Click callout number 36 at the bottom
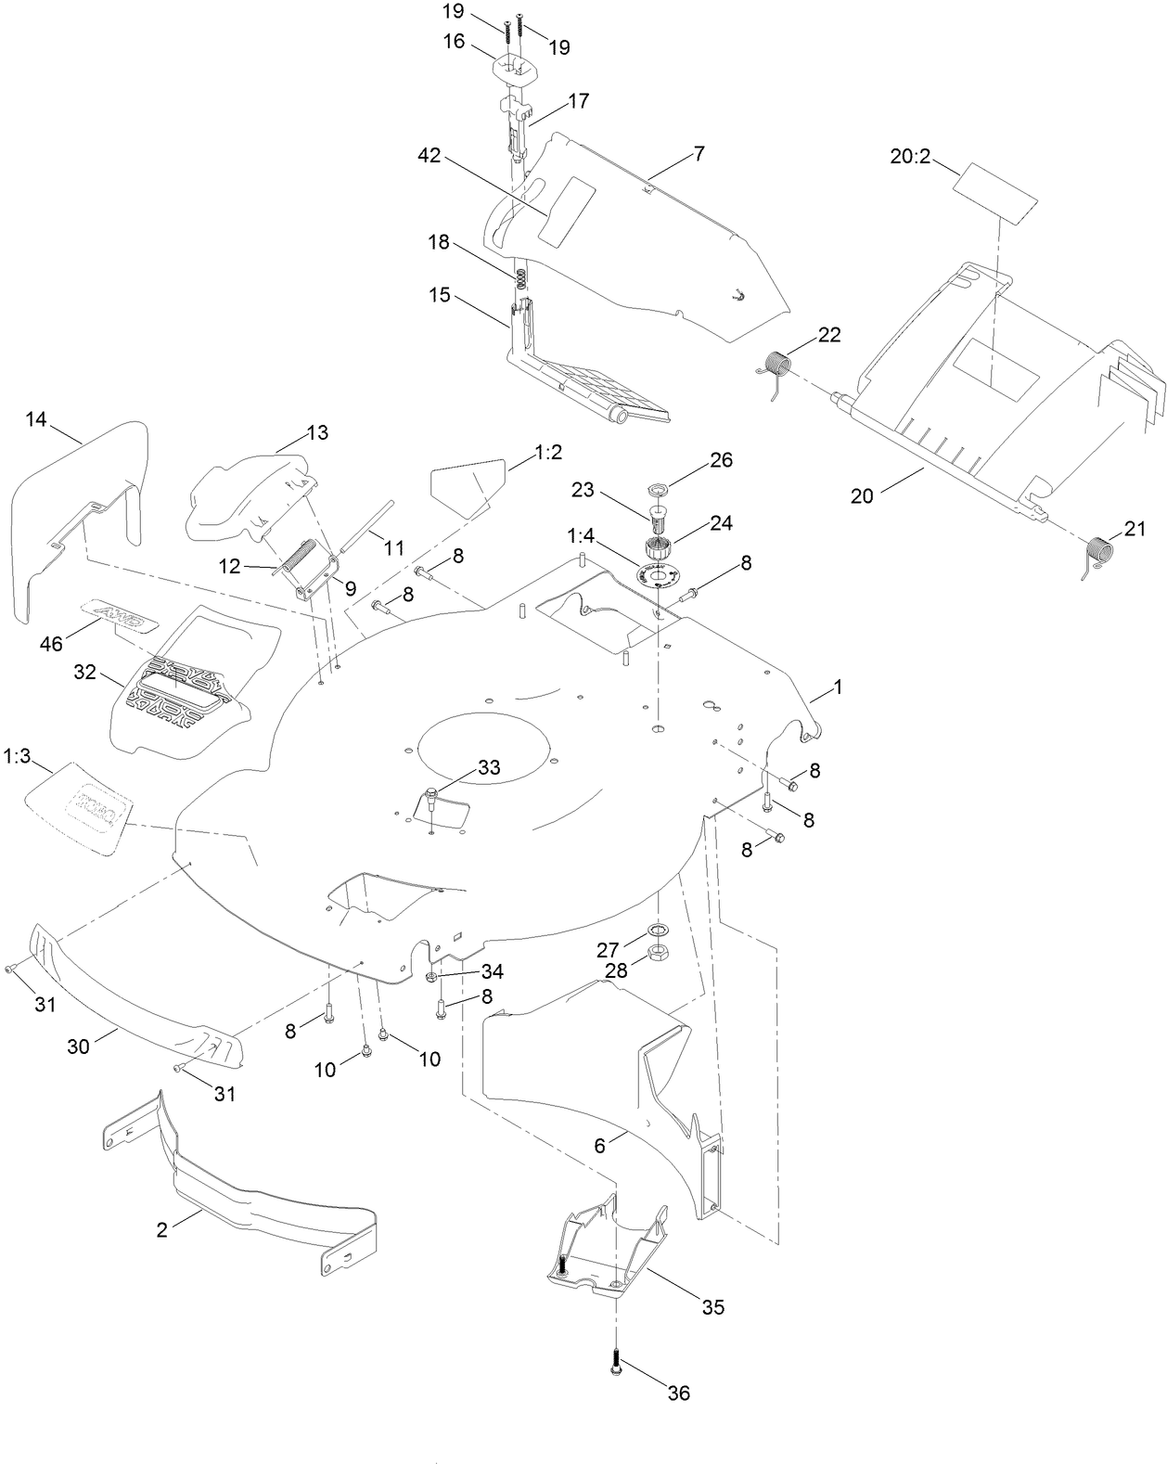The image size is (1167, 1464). (679, 1393)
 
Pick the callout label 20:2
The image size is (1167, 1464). (910, 157)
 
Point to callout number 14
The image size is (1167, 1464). (35, 418)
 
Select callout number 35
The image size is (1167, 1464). (712, 1307)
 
